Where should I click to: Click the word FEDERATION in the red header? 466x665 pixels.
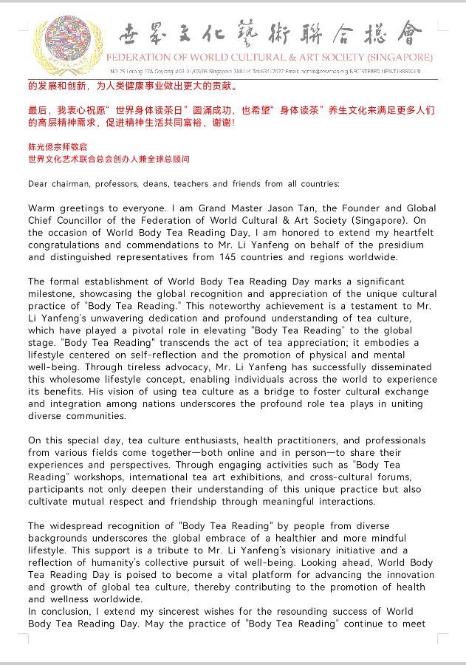coord(141,57)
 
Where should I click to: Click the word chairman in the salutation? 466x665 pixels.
coord(75,183)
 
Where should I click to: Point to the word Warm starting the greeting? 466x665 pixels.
coord(43,208)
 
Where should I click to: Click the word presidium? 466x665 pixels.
coord(399,245)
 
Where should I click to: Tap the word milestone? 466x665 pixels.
coord(52,294)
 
